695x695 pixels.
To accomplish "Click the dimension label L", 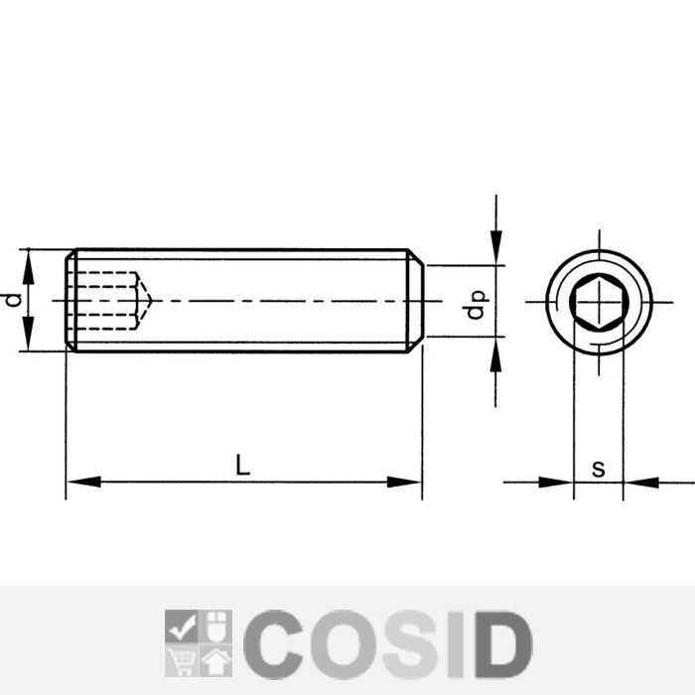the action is (x=242, y=465).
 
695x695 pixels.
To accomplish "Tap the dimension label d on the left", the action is (x=14, y=300).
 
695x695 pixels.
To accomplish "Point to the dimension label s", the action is (x=599, y=469).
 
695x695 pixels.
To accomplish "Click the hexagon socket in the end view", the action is (x=600, y=302).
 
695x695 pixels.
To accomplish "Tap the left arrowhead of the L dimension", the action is (x=84, y=482).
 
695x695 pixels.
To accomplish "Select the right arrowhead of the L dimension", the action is (x=404, y=482).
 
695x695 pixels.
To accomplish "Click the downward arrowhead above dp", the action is (x=496, y=248).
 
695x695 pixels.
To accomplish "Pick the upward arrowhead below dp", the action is (x=496, y=354).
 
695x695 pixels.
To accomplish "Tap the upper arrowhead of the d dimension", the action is (x=28, y=267).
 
